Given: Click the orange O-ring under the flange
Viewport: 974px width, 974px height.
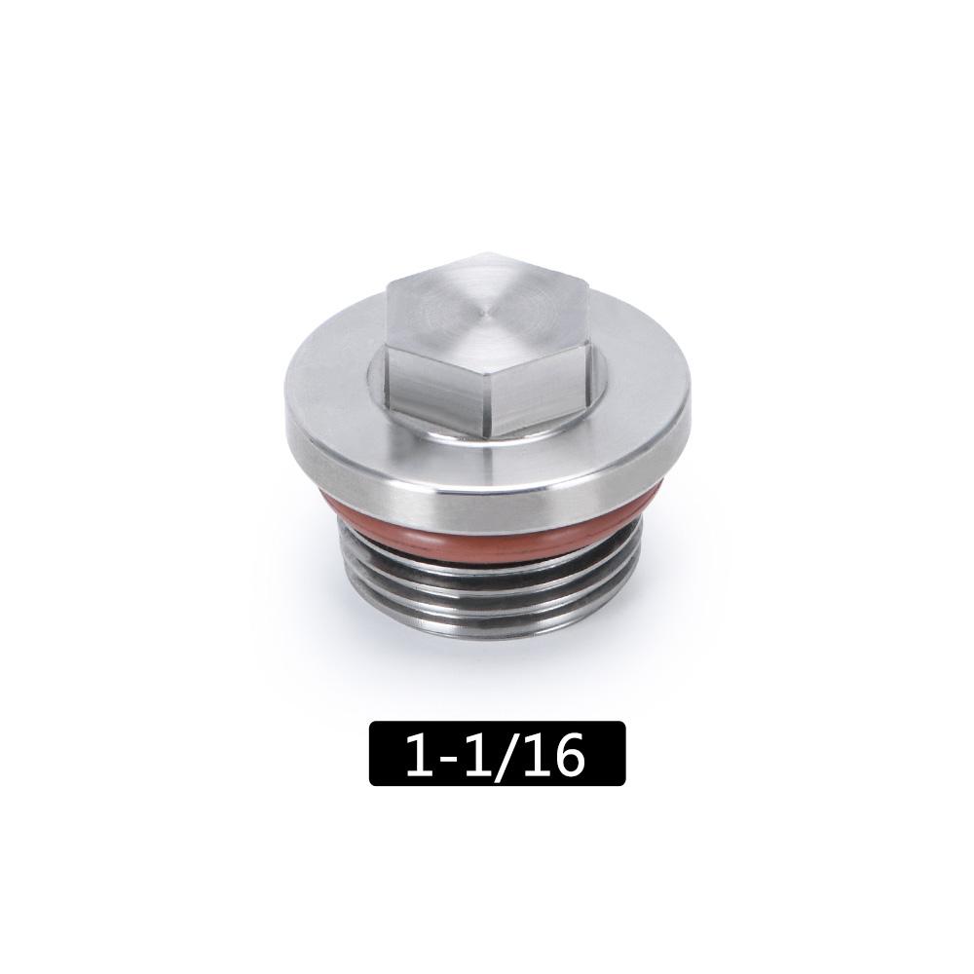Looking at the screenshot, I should [487, 531].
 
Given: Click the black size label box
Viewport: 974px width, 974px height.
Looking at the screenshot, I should [497, 753].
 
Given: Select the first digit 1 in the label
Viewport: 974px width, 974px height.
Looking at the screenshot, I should [421, 754].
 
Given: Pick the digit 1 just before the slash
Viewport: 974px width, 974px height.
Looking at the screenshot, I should [479, 754].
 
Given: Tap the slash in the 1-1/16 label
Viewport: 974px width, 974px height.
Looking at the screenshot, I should [508, 754].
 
